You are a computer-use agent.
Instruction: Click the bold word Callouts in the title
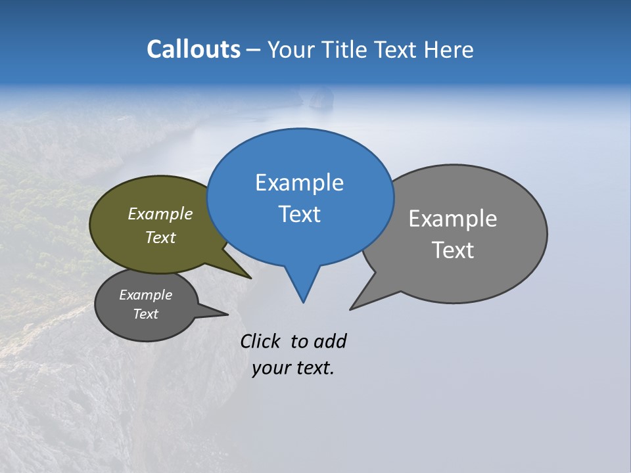[193, 49]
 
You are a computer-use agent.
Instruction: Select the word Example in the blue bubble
[299, 183]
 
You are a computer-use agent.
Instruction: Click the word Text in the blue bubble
[299, 214]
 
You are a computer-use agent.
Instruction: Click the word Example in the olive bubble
[160, 214]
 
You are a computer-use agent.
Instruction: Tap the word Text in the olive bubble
[160, 237]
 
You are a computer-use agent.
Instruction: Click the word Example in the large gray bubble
[452, 219]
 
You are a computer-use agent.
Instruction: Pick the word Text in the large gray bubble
[452, 250]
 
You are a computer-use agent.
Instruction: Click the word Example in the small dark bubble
[145, 295]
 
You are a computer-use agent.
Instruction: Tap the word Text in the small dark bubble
[145, 314]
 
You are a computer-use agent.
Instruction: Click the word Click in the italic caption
[262, 341]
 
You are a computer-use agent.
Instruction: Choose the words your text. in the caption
[293, 369]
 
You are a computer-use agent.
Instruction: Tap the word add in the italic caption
[330, 341]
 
